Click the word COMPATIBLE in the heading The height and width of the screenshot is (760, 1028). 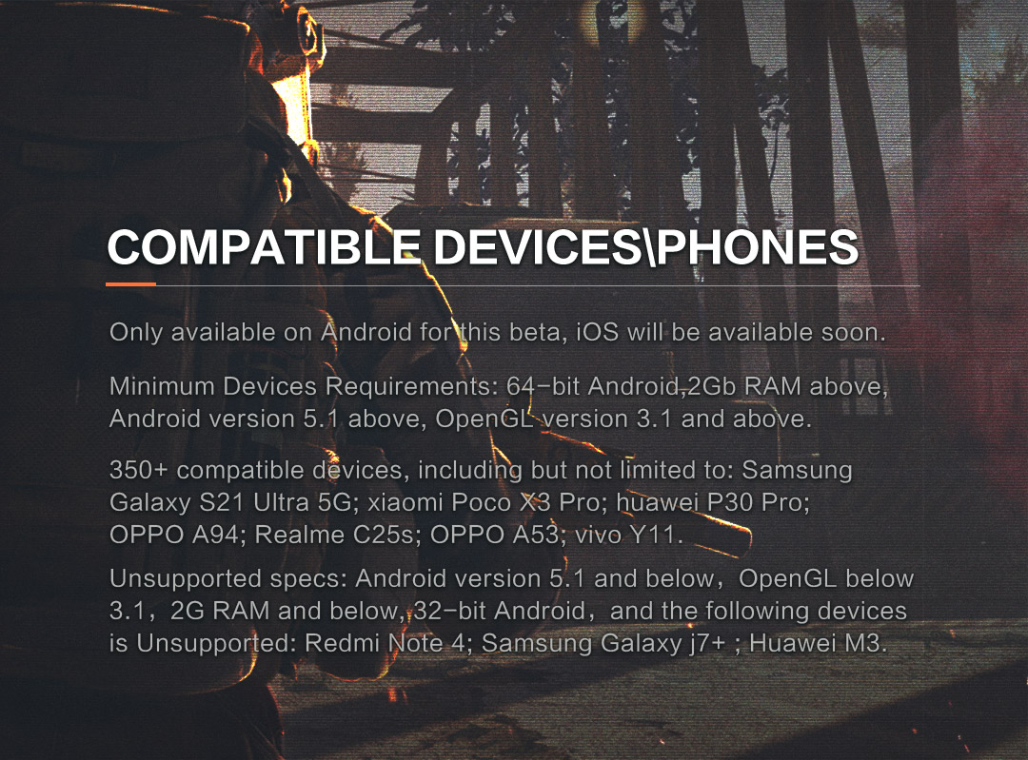point(264,247)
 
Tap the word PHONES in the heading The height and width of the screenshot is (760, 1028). point(758,247)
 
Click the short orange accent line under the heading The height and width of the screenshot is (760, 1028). point(131,284)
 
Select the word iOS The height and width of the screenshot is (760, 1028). point(597,332)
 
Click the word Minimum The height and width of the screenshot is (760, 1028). point(162,386)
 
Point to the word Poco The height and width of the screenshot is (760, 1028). point(482,502)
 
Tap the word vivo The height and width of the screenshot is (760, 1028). point(598,535)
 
